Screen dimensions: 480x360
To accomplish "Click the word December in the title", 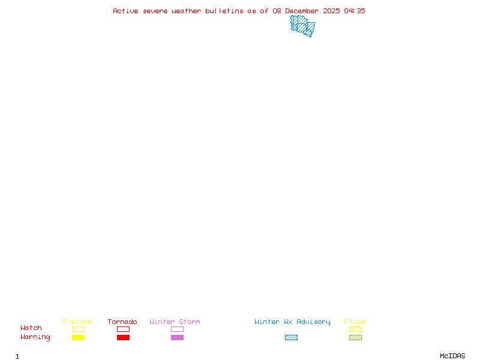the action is [x=302, y=11].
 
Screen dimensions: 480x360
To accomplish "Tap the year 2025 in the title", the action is [x=331, y=11].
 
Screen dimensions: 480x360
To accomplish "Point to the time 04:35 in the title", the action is [x=355, y=11].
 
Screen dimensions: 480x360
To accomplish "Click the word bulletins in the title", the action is [x=224, y=11].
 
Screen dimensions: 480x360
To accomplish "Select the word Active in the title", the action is [x=125, y=11].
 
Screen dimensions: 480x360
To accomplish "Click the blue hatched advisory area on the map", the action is [x=302, y=26].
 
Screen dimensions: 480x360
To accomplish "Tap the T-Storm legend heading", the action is [x=77, y=322].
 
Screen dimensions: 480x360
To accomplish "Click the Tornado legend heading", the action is [x=122, y=322].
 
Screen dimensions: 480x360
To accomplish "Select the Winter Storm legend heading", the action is [x=175, y=322].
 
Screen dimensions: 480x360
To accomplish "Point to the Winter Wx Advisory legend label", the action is [x=292, y=322].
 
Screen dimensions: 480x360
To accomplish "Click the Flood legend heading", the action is [x=355, y=322].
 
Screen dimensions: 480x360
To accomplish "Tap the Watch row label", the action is [x=31, y=328].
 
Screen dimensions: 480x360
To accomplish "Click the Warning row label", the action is [x=35, y=337].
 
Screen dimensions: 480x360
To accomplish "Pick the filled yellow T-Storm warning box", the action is [x=79, y=337].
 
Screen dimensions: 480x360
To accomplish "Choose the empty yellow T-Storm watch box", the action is [x=79, y=329].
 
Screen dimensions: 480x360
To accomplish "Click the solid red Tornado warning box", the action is [x=124, y=337].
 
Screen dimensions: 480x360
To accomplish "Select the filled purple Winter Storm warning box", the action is [x=177, y=337].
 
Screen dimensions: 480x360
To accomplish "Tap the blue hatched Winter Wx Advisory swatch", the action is [x=291, y=337].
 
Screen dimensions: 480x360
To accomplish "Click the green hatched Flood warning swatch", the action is [x=355, y=337].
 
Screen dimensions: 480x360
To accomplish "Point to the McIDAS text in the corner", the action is [x=452, y=356].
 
